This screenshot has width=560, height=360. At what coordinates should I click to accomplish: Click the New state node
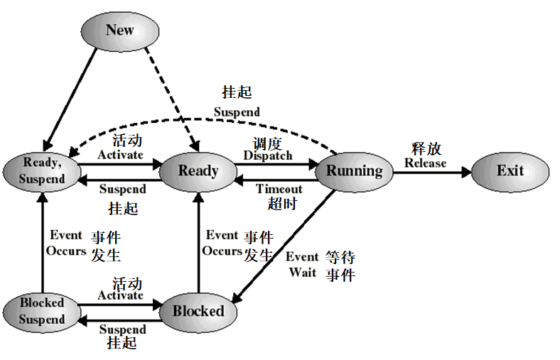[x=119, y=30]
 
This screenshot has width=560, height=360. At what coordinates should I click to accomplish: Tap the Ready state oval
[x=198, y=171]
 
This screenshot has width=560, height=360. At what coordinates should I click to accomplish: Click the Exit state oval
[x=510, y=171]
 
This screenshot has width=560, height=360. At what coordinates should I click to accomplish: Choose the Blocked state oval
[x=198, y=311]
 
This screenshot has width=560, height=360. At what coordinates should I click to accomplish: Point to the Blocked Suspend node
[x=41, y=311]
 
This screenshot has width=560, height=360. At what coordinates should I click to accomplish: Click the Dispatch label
[x=267, y=156]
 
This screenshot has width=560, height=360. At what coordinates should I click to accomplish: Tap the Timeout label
[x=279, y=189]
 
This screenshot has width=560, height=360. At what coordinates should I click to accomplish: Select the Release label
[x=425, y=163]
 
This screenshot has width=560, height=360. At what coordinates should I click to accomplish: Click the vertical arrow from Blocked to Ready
[x=198, y=241]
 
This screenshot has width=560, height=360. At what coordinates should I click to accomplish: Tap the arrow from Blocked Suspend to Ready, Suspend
[x=43, y=241]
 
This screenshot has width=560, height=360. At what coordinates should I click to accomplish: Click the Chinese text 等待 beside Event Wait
[x=340, y=257]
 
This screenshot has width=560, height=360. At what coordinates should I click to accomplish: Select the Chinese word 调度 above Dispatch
[x=268, y=143]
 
